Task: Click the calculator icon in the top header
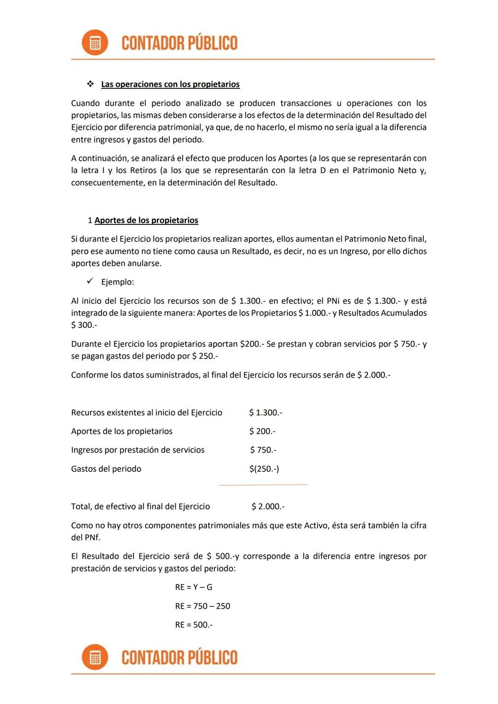click(x=95, y=43)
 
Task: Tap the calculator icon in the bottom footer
click(x=95, y=657)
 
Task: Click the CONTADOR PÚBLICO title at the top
click(x=179, y=43)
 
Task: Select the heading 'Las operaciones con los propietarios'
click(x=170, y=84)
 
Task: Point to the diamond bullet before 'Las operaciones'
click(x=90, y=84)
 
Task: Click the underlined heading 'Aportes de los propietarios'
click(x=146, y=220)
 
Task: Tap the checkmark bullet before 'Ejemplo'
click(x=90, y=281)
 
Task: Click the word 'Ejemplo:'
click(x=118, y=282)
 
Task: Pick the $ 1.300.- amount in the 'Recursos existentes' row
click(x=266, y=413)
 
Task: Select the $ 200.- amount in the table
click(x=262, y=432)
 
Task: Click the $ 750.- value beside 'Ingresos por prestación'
click(x=263, y=450)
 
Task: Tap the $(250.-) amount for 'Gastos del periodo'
click(x=264, y=469)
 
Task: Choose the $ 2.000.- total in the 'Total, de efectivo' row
click(x=268, y=507)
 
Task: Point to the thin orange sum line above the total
click(x=263, y=485)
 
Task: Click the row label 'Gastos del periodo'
click(x=106, y=469)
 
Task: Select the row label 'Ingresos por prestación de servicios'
click(x=137, y=450)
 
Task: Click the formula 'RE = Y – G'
click(x=194, y=587)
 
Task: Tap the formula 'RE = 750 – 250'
click(x=202, y=606)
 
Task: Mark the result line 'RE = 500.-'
click(x=194, y=625)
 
